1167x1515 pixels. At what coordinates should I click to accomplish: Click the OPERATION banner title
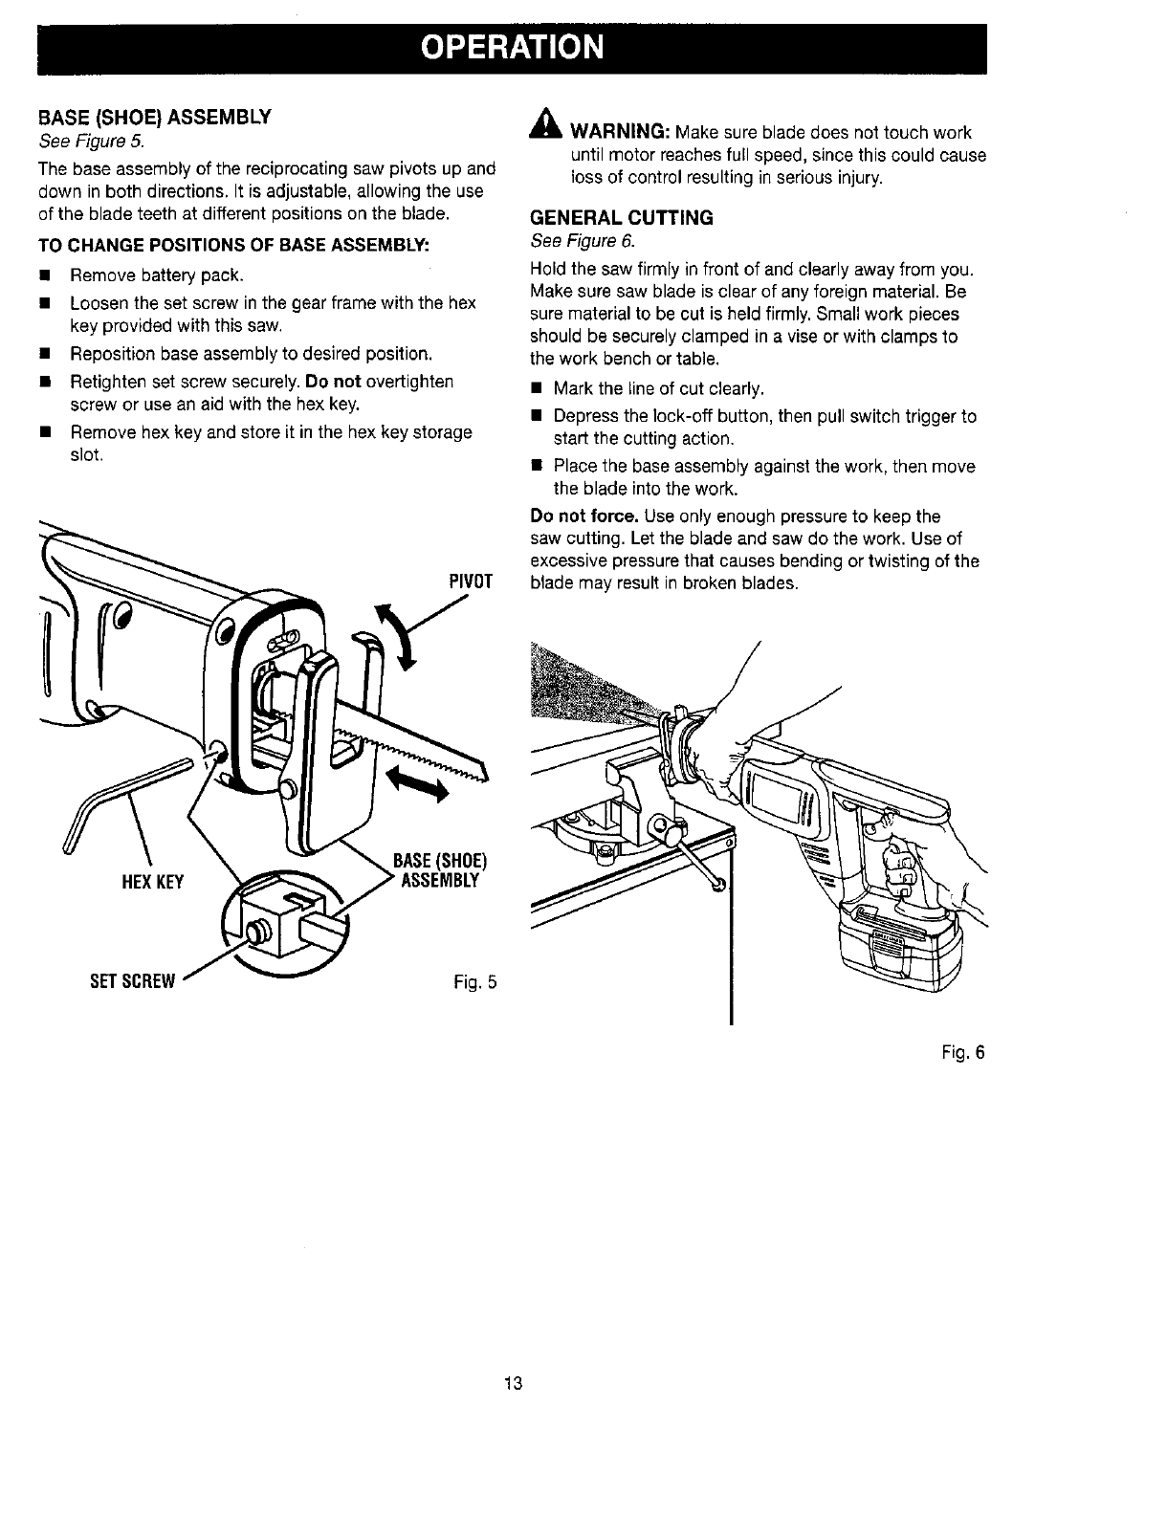coord(513,47)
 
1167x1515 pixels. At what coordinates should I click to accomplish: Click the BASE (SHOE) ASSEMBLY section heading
coord(155,118)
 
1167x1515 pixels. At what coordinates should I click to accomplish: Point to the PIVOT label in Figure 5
coord(470,581)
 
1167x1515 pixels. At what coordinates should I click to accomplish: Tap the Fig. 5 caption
coord(476,982)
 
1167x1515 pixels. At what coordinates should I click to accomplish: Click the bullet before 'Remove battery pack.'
coord(44,276)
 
